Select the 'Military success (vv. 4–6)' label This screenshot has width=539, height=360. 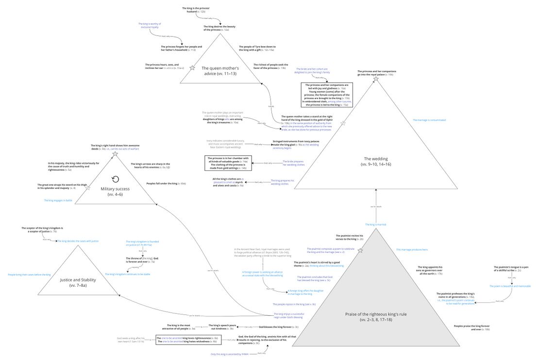(115, 191)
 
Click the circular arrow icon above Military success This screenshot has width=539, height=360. (115, 179)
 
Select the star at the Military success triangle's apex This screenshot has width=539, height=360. (115, 154)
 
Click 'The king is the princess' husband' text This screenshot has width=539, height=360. (196, 9)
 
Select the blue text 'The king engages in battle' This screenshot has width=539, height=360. (58, 200)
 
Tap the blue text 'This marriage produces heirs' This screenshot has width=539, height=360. (412, 249)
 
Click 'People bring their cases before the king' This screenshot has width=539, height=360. (29, 275)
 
